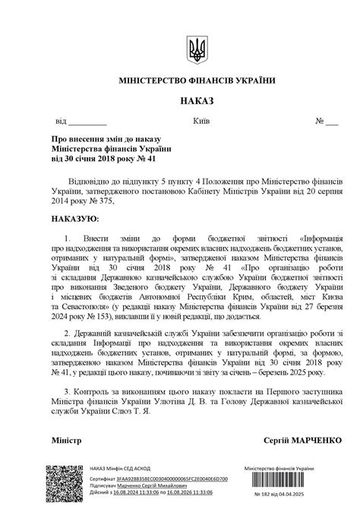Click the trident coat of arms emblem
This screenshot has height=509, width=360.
(197, 49)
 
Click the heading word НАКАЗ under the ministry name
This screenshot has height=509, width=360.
(197, 101)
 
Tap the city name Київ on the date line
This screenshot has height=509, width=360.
(201, 122)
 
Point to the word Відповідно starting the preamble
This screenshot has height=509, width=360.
(109, 183)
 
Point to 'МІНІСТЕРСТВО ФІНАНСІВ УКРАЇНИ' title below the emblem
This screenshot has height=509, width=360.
(197, 80)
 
